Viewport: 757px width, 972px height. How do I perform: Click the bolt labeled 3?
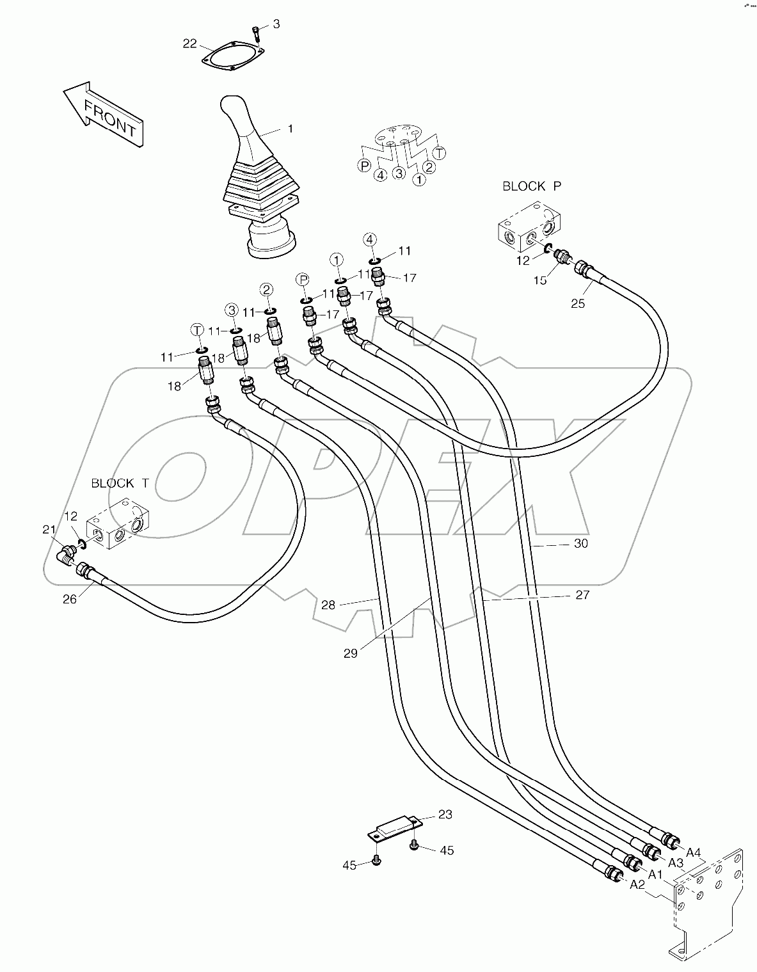click(x=256, y=31)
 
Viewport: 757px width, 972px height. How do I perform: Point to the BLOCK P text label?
click(x=532, y=186)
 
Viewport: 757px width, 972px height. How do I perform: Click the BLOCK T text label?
click(x=120, y=483)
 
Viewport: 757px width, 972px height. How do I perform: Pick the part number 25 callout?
click(x=578, y=303)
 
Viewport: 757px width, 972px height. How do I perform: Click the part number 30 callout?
click(x=580, y=544)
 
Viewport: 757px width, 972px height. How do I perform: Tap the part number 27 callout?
click(x=582, y=595)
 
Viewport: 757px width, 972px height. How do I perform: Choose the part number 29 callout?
click(x=351, y=653)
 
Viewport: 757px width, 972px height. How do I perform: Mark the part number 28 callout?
click(x=328, y=604)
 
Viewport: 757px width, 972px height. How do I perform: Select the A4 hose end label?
click(x=694, y=852)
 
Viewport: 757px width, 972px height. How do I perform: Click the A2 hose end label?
click(x=637, y=884)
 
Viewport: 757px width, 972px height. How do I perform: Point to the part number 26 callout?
click(x=69, y=599)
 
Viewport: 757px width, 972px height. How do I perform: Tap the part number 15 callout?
click(x=541, y=280)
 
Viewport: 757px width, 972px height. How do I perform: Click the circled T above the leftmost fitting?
click(x=198, y=330)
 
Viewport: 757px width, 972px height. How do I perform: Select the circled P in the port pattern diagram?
click(x=364, y=166)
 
